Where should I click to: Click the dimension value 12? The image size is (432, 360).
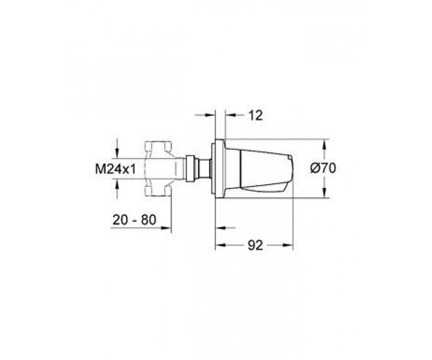click(x=256, y=115)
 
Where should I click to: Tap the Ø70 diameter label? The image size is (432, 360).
click(x=323, y=168)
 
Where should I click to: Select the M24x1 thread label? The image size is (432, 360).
click(x=115, y=169)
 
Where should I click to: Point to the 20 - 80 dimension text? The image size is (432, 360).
click(x=134, y=220)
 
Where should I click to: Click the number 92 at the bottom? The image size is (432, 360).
click(x=256, y=245)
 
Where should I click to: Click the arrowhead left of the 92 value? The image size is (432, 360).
click(x=220, y=245)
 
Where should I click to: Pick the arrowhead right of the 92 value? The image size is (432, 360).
click(x=287, y=245)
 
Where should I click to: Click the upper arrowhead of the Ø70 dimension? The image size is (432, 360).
click(x=325, y=145)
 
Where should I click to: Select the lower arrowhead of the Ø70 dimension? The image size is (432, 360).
click(x=325, y=193)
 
